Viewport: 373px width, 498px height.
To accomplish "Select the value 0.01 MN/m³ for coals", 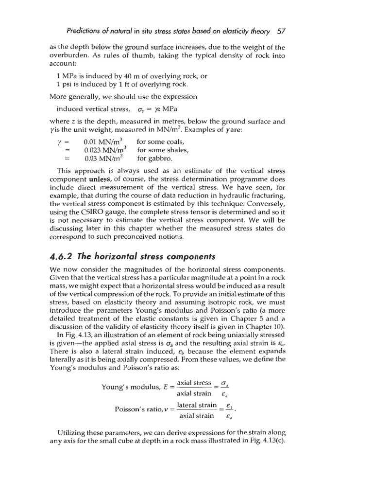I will point(103,142).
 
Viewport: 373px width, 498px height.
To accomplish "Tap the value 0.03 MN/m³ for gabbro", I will point(103,158).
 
